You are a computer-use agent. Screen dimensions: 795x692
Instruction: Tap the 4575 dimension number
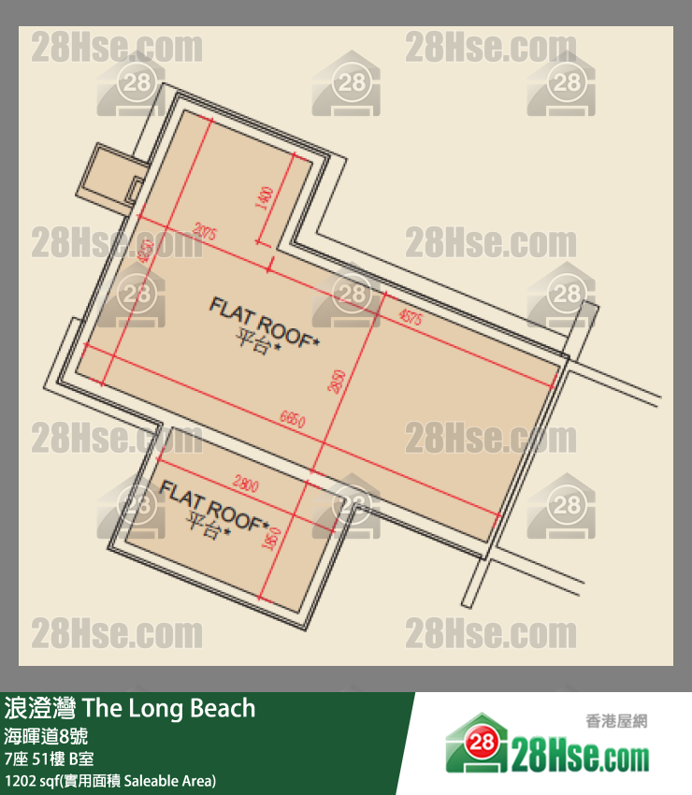click(x=410, y=318)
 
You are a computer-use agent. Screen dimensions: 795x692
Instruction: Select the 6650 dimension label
click(x=292, y=421)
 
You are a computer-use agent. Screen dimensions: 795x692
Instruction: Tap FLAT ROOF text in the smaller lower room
click(x=214, y=504)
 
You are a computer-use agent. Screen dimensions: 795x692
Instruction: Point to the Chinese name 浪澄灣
click(x=41, y=708)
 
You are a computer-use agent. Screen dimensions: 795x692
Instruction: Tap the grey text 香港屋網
click(x=616, y=721)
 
